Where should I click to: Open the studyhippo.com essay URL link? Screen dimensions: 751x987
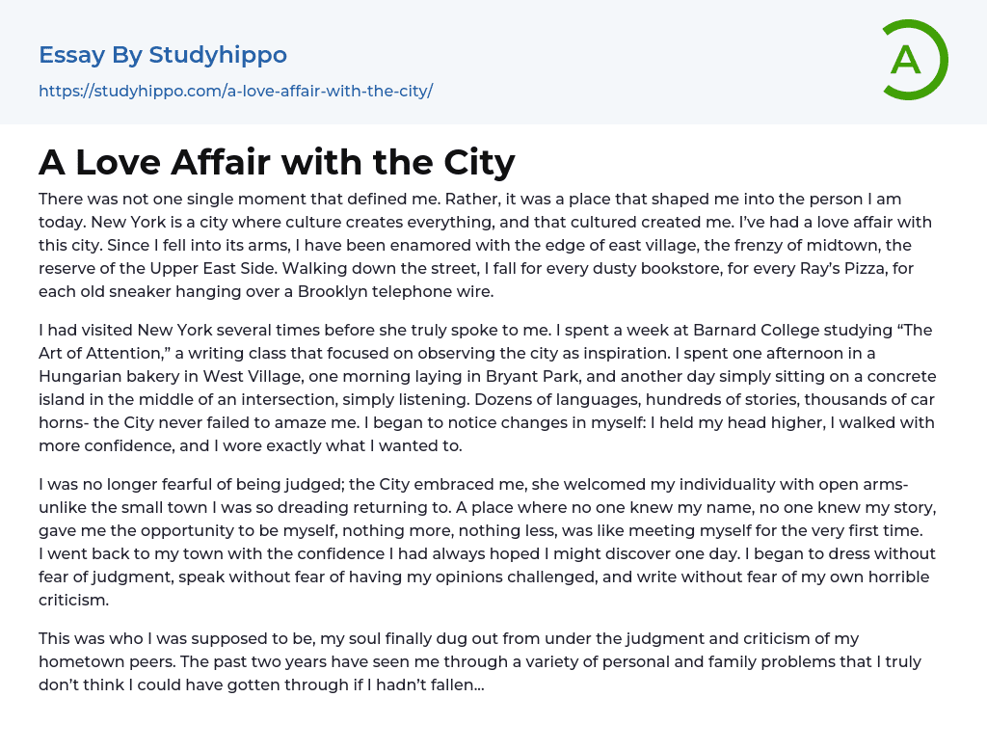(x=235, y=91)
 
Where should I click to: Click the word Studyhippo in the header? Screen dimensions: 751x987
(x=218, y=55)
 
